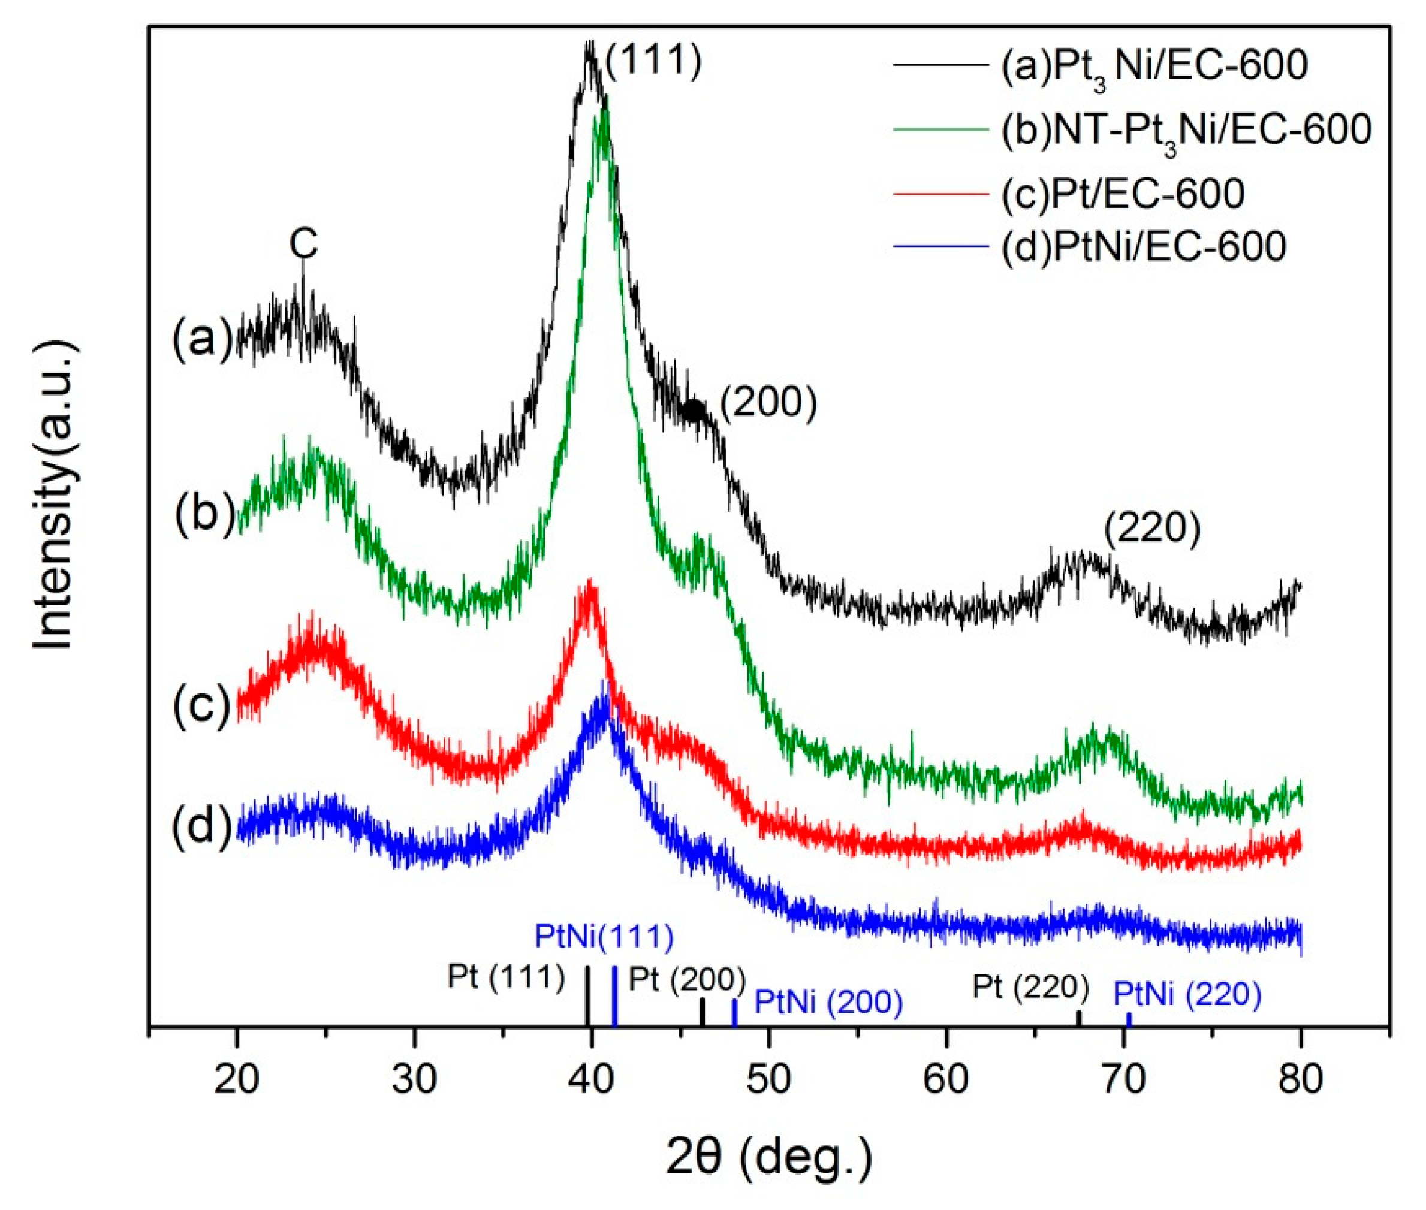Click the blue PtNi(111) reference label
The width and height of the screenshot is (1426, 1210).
[x=604, y=936]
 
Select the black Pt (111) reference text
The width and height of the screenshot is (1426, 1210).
[x=506, y=977]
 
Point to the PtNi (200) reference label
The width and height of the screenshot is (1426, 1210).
[x=828, y=1001]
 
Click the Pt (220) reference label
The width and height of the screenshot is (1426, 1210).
[x=1030, y=987]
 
